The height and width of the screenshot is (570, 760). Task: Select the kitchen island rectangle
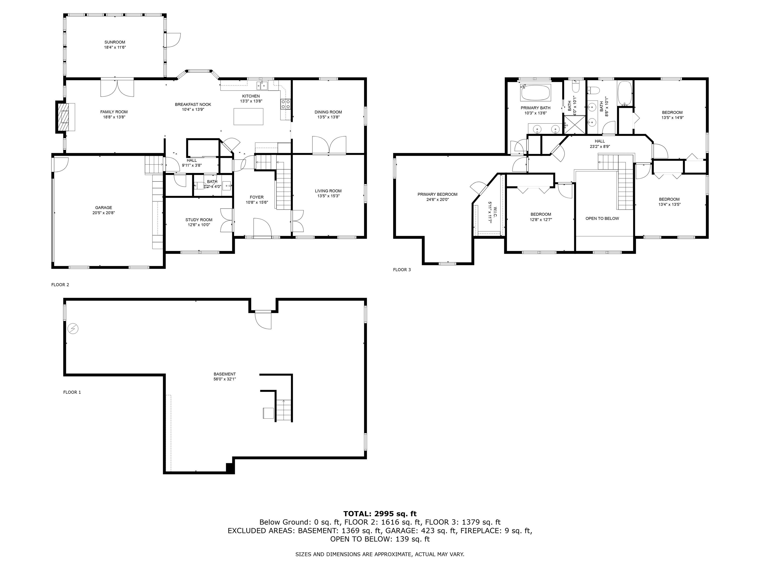click(x=248, y=117)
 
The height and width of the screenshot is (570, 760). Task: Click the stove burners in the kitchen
click(x=285, y=104)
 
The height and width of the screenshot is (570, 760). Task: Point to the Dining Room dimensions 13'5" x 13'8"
click(x=328, y=117)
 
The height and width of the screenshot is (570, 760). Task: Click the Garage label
click(x=103, y=208)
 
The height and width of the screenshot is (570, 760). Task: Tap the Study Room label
click(x=199, y=220)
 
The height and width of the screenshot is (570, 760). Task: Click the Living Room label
click(x=328, y=191)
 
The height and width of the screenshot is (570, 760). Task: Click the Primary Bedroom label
click(x=437, y=194)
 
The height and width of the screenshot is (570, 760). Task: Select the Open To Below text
click(x=602, y=218)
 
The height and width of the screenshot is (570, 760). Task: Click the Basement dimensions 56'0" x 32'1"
click(x=225, y=379)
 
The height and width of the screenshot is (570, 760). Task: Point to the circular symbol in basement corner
click(x=73, y=329)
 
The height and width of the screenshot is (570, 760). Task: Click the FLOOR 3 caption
click(x=402, y=270)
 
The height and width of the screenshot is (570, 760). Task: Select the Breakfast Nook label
click(x=193, y=104)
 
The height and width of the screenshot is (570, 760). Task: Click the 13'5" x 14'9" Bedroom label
click(x=672, y=112)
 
